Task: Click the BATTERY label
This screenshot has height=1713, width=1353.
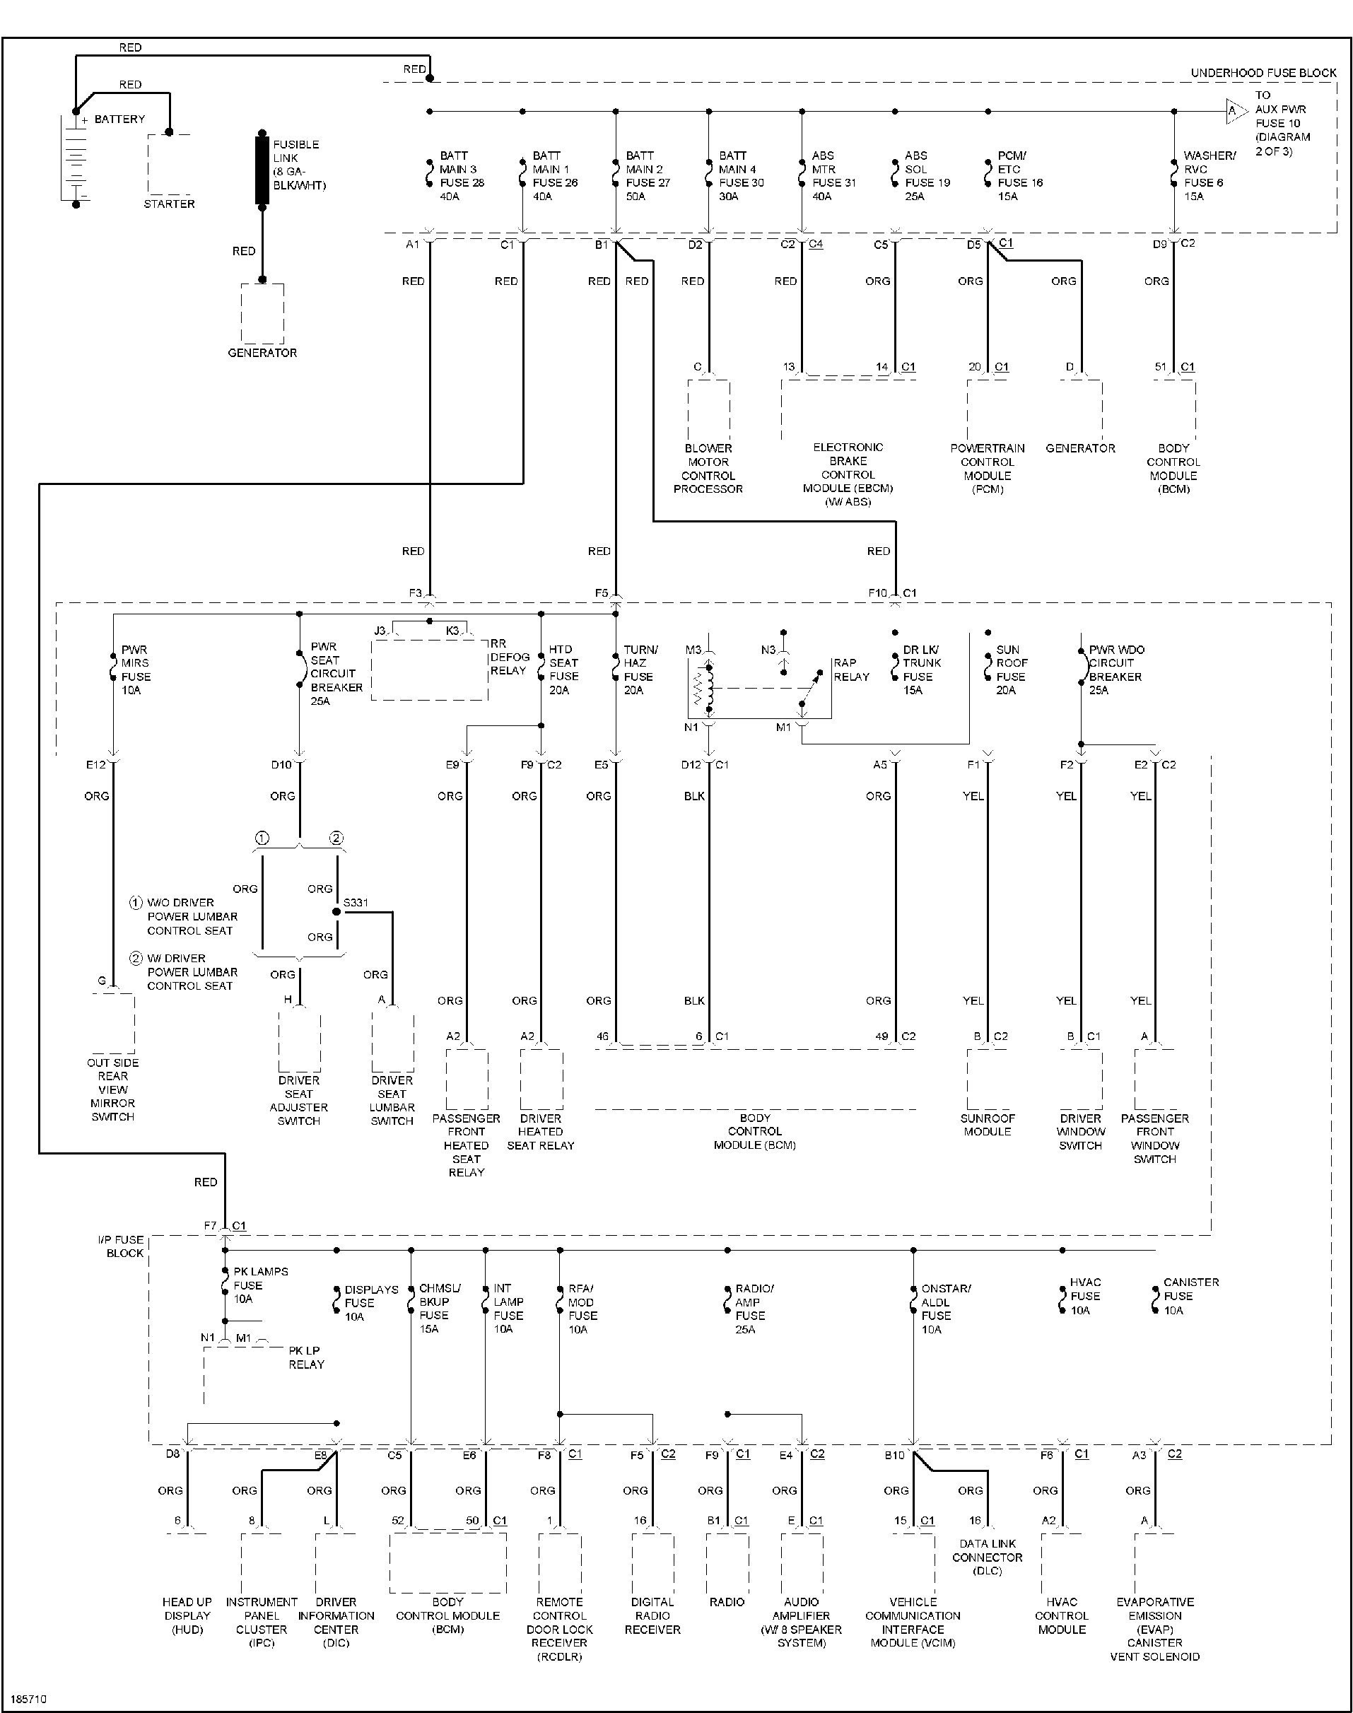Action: click(119, 119)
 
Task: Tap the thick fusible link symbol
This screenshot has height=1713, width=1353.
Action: click(262, 169)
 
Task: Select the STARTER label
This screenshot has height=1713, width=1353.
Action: click(169, 204)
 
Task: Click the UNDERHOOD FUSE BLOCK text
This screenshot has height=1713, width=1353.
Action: click(1263, 73)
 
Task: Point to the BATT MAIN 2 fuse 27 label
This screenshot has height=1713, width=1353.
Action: click(648, 176)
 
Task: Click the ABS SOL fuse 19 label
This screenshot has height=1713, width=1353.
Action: click(927, 176)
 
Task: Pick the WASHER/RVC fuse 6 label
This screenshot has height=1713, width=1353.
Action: click(1209, 176)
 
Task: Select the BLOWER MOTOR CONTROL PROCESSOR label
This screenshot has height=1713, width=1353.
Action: click(708, 468)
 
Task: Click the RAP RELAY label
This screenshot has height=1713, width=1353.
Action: click(851, 670)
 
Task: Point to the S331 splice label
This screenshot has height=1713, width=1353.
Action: click(356, 903)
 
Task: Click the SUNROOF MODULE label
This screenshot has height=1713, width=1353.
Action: click(987, 1125)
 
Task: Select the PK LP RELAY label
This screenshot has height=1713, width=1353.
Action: click(306, 1357)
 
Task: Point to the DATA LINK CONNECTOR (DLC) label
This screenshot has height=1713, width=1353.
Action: click(987, 1557)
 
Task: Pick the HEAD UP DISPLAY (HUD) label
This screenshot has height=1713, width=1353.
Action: click(187, 1615)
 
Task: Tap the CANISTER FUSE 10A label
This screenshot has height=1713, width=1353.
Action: click(1190, 1297)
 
